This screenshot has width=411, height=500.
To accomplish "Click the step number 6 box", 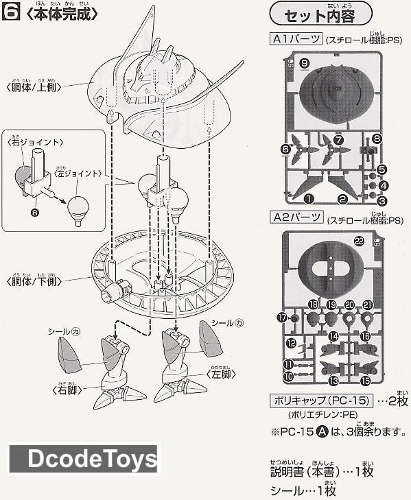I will point(10,13).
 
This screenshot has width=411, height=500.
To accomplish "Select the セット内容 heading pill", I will point(321,14).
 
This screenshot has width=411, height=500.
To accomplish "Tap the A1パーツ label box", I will point(296,40).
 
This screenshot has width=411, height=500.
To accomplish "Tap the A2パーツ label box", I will point(296,218).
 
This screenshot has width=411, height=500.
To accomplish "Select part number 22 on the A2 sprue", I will point(359,240).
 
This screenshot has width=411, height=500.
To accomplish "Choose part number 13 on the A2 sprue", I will point(334,380).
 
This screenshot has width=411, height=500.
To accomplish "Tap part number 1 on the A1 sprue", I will point(309,198).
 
